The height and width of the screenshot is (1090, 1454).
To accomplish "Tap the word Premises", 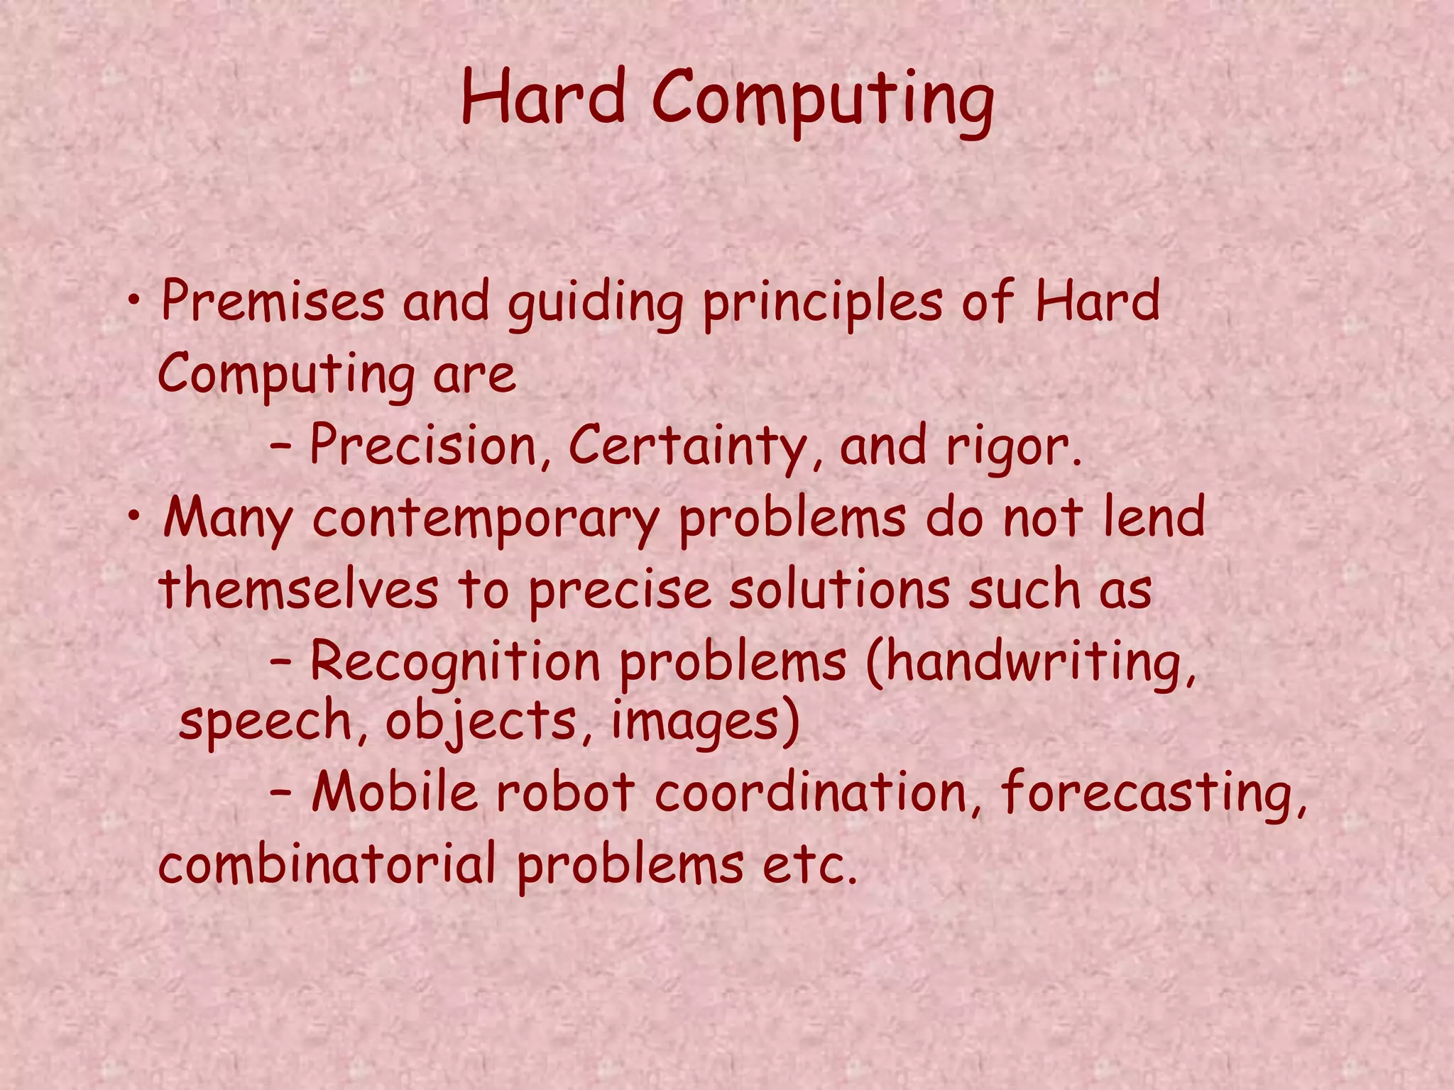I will pos(273,301).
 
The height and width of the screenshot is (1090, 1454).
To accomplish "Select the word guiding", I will pos(595,304).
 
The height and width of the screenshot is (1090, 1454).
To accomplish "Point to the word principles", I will pos(822,304).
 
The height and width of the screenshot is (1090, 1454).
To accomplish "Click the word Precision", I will pos(423,446).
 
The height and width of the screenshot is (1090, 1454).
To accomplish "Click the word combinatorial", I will pos(327,864).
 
